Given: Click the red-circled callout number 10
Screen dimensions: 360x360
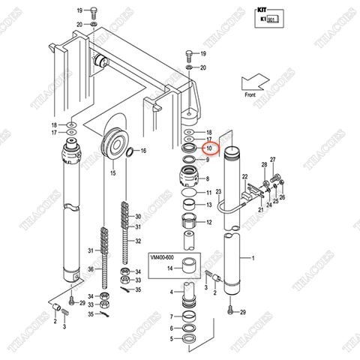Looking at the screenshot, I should click(210, 148).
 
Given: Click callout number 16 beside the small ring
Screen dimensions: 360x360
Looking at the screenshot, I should click(143, 151).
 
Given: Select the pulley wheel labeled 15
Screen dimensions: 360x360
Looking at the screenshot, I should click(116, 142).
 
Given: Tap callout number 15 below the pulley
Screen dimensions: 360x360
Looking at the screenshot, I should click(114, 173).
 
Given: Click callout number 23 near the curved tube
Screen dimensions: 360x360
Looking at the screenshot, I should click(218, 193).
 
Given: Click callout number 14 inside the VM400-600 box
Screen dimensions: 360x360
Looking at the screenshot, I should click(170, 268).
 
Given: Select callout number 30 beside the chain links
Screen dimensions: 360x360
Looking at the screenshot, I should click(138, 217).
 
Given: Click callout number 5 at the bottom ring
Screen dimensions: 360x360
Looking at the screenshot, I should click(170, 338).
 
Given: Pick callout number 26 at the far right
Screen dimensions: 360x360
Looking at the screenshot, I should click(282, 197).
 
